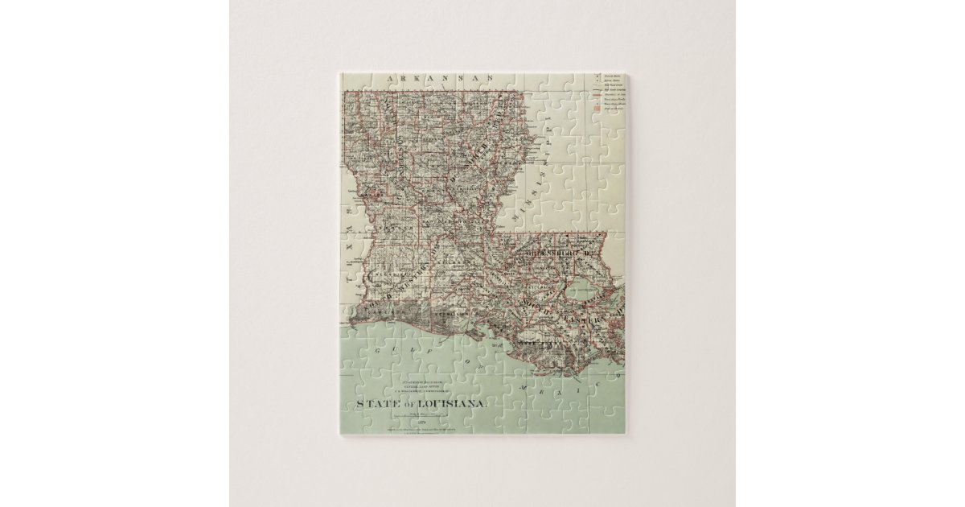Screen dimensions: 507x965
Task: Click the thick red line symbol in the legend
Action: [597, 93]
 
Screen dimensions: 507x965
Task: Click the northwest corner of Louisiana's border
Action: [346, 92]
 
